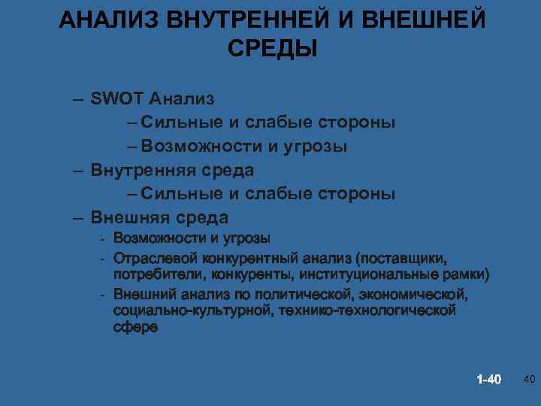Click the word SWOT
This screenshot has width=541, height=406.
click(x=117, y=98)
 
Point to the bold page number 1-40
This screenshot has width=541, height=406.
click(x=488, y=378)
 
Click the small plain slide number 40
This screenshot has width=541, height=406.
click(x=527, y=378)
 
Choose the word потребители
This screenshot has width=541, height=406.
click(x=153, y=272)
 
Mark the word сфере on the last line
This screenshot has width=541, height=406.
click(x=136, y=327)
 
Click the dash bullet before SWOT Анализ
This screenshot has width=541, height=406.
click(x=78, y=98)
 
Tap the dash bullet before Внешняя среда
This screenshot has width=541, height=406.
click(x=78, y=219)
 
